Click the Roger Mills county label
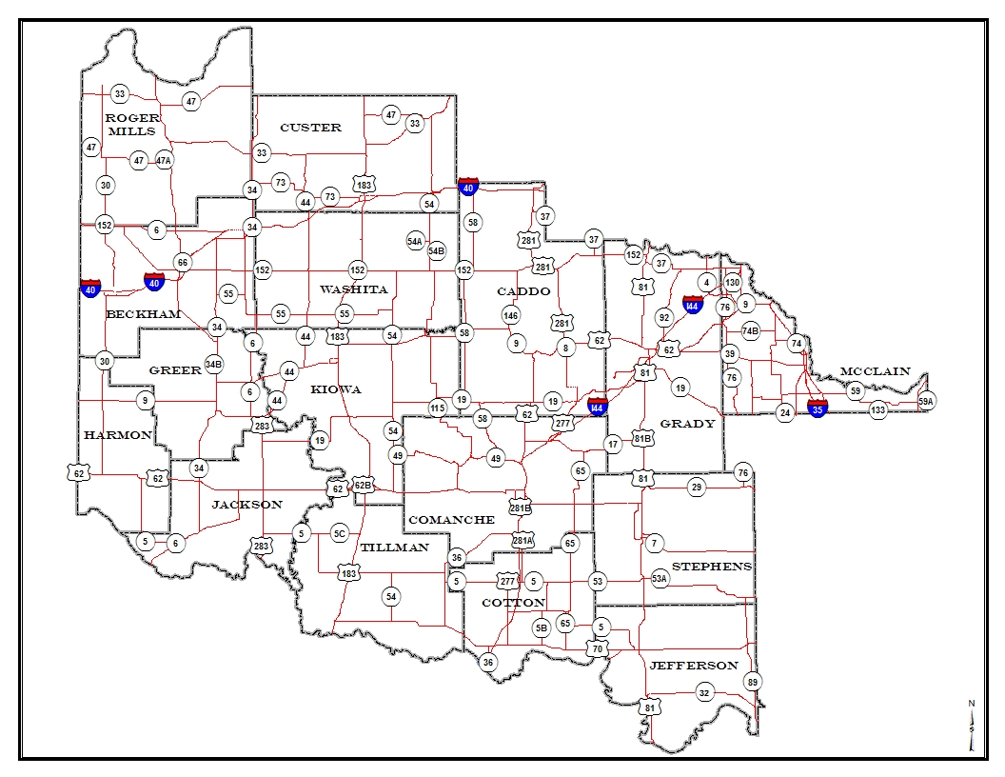tap(132, 124)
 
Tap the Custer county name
tap(310, 128)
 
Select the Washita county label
tap(353, 289)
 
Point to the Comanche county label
tap(451, 520)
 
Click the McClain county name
tap(875, 371)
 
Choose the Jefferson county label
tap(693, 665)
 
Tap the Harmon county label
tap(117, 435)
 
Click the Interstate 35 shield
tap(817, 408)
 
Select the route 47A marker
tap(164, 160)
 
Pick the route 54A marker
tap(415, 241)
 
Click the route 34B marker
tap(213, 364)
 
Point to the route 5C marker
tap(340, 534)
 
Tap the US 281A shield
tap(522, 541)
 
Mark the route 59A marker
tap(926, 402)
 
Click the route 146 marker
tap(511, 315)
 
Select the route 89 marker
tap(753, 682)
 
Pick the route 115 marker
tap(437, 408)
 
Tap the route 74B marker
tap(751, 330)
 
